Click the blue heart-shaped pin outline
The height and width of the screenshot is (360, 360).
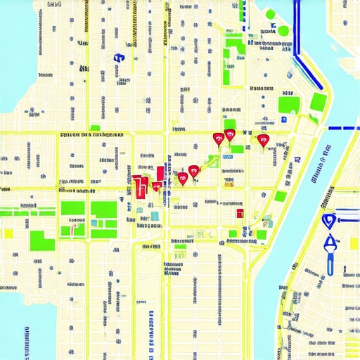pyautogui.click(x=328, y=221)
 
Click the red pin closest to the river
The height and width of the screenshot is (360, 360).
pyautogui.click(x=264, y=141)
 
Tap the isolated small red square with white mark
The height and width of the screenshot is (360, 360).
pyautogui.click(x=240, y=213)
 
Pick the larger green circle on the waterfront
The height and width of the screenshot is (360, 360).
pyautogui.click(x=283, y=31)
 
